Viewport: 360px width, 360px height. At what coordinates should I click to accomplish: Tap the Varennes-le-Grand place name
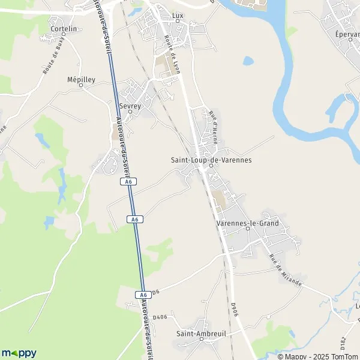pos(247,223)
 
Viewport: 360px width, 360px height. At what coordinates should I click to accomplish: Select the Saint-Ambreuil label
pos(196,333)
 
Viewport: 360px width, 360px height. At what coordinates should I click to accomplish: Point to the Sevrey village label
pos(130,106)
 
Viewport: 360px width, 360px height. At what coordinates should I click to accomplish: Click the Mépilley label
pos(82,79)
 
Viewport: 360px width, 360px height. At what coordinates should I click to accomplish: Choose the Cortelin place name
pos(64,28)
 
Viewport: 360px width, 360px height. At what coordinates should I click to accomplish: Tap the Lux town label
pos(177,15)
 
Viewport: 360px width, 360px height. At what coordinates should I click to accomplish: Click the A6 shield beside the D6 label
pos(142,295)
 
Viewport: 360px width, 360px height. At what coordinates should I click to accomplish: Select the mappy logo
pos(19,353)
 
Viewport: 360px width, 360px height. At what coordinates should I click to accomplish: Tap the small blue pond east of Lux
pos(248,61)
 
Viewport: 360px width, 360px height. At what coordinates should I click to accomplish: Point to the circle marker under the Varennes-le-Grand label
pos(247,229)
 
